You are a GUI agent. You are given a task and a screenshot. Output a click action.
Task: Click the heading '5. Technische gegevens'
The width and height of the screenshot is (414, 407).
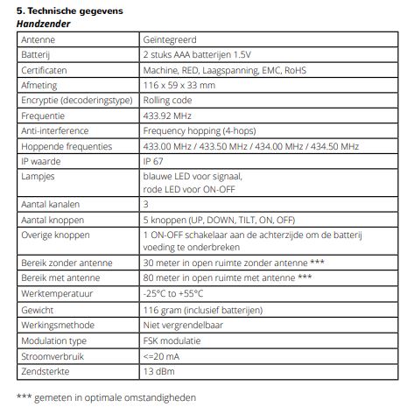67,11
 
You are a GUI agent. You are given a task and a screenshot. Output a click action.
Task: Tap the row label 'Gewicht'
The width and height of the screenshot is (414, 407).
38,307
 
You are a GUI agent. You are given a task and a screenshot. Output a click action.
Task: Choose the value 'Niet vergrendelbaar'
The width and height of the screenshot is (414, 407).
184,322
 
